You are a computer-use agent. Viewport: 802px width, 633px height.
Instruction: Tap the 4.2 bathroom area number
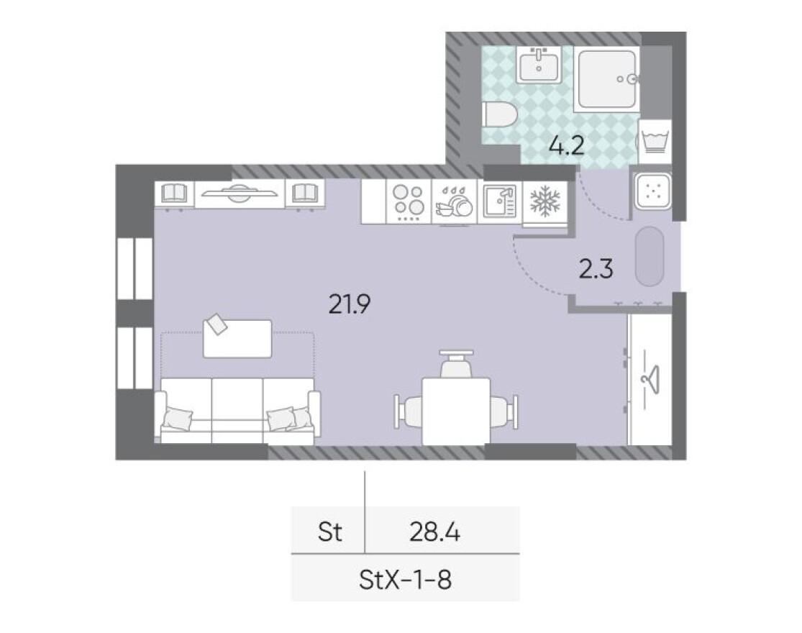(565, 147)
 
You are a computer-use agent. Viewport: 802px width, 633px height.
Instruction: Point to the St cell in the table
(329, 533)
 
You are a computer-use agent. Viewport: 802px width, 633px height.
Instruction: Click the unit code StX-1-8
(405, 579)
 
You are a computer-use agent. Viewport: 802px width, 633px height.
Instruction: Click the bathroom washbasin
(539, 66)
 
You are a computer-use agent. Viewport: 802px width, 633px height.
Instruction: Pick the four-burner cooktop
(409, 201)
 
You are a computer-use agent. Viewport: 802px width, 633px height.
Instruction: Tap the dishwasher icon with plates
(453, 201)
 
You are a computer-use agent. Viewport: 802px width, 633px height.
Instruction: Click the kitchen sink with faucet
(498, 201)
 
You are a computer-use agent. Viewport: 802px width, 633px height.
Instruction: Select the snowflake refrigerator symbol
(544, 201)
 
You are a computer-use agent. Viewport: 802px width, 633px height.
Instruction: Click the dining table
(455, 410)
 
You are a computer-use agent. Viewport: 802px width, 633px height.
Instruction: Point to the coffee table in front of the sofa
(237, 339)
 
